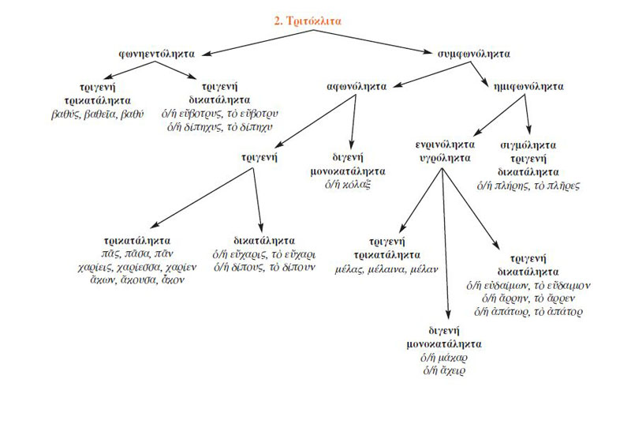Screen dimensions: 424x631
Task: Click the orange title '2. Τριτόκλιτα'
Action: tap(309, 23)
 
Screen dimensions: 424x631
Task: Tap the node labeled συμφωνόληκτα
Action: tap(473, 54)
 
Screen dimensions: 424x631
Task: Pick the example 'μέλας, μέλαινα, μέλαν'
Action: tap(409, 268)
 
